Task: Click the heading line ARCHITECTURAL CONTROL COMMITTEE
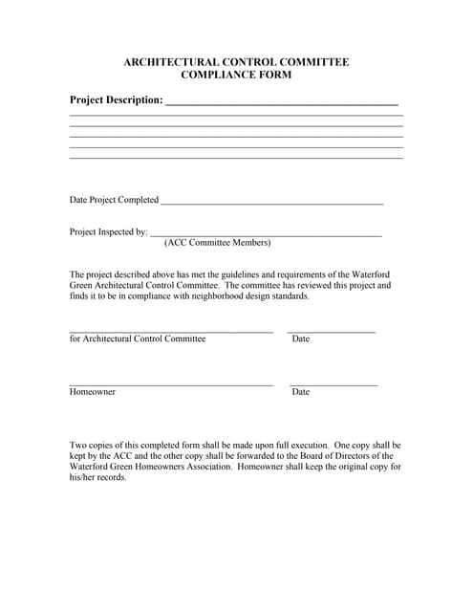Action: [x=236, y=62]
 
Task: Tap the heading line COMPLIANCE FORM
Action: [x=236, y=75]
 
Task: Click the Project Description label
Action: [x=116, y=99]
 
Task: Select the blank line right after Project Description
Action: [x=282, y=102]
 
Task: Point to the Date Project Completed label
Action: [x=114, y=200]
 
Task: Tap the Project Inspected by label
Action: [x=108, y=231]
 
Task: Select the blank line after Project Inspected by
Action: [x=267, y=235]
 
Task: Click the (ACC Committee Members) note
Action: [x=217, y=243]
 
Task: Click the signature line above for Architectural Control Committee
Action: [x=171, y=332]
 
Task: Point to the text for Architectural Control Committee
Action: [x=138, y=339]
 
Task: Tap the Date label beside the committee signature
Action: [x=301, y=339]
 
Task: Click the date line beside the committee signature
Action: [x=332, y=332]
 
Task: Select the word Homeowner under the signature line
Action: [x=93, y=392]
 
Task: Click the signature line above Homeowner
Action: [x=171, y=385]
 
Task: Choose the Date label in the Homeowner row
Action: [x=301, y=392]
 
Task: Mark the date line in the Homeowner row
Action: [x=333, y=385]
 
